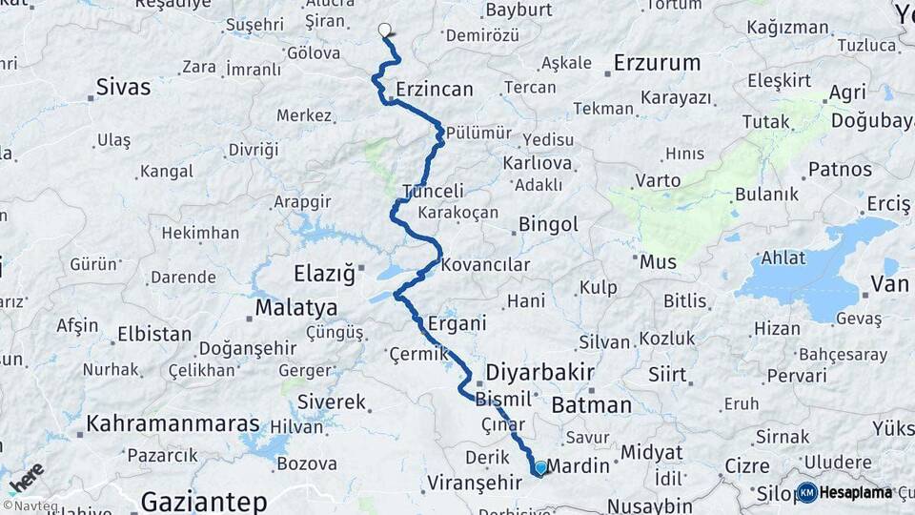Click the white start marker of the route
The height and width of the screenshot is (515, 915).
pyautogui.click(x=385, y=30)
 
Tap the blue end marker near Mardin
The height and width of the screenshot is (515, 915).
pyautogui.click(x=540, y=467)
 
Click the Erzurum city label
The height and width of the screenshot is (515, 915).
pyautogui.click(x=657, y=63)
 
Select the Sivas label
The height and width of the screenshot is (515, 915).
pyautogui.click(x=123, y=87)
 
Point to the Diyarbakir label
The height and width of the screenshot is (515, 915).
pyautogui.click(x=539, y=371)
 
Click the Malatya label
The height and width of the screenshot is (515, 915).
pyautogui.click(x=296, y=307)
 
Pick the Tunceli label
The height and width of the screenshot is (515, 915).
pyautogui.click(x=434, y=191)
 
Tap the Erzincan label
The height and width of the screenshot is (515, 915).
pyautogui.click(x=435, y=89)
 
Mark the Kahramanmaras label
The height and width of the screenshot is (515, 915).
pyautogui.click(x=173, y=423)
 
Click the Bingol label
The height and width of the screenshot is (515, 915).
pyautogui.click(x=548, y=225)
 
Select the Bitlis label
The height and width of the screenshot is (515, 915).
pyautogui.click(x=685, y=301)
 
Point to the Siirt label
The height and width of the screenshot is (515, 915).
pyautogui.click(x=667, y=374)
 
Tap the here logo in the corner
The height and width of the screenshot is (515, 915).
pyautogui.click(x=26, y=478)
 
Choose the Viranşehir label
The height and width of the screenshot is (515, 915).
pyautogui.click(x=475, y=482)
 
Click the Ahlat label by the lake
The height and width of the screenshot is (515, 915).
pyautogui.click(x=783, y=257)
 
